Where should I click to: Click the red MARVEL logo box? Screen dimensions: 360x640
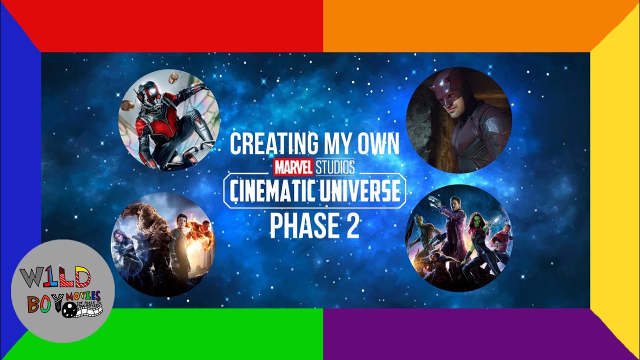point(293,166)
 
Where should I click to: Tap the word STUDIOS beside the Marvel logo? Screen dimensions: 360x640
point(334,166)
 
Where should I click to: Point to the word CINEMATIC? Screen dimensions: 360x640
point(272,191)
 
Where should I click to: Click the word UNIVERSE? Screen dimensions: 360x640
point(361,191)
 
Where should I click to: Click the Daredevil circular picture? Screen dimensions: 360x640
point(459,120)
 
